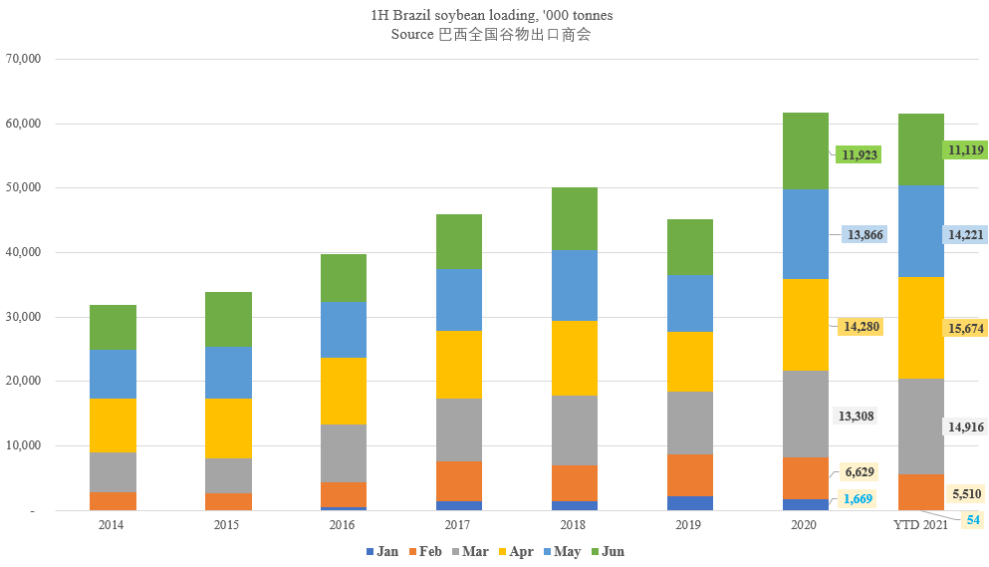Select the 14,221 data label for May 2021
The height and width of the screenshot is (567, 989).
pyautogui.click(x=965, y=234)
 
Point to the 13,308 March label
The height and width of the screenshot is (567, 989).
pyautogui.click(x=856, y=416)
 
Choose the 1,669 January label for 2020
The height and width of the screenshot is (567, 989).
pyautogui.click(x=856, y=498)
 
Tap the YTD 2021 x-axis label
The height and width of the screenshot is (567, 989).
pyautogui.click(x=920, y=523)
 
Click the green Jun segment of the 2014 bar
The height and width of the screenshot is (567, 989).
pyautogui.click(x=113, y=328)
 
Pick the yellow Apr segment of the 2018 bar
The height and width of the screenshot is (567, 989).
pyautogui.click(x=575, y=358)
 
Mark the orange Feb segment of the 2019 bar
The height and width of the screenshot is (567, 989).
pyautogui.click(x=689, y=475)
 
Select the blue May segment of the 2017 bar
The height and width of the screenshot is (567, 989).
pyautogui.click(x=459, y=299)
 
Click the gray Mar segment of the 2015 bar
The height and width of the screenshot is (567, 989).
pyautogui.click(x=228, y=475)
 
